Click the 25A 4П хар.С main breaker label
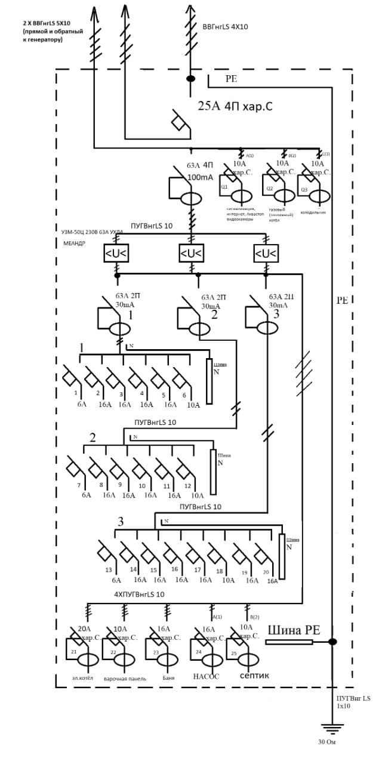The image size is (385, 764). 235,107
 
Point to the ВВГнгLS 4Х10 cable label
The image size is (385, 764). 225,27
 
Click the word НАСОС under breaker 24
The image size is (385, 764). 206,676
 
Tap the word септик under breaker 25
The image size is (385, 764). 254,676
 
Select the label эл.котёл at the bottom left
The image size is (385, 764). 82,678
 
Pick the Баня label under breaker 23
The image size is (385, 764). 168,678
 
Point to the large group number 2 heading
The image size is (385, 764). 93,438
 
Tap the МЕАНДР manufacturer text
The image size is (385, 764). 75,243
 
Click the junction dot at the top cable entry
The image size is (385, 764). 191,79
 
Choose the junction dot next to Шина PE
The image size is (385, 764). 332,642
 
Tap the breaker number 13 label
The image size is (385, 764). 109,570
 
